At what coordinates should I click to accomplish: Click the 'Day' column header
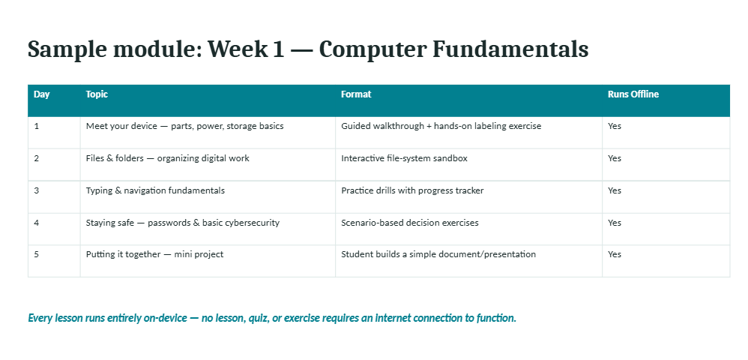[41, 94]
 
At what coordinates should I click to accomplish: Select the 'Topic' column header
[97, 94]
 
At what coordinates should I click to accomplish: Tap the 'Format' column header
[356, 94]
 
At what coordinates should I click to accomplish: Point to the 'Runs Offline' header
[633, 94]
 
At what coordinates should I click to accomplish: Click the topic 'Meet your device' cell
[184, 126]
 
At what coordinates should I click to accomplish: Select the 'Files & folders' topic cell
[167, 158]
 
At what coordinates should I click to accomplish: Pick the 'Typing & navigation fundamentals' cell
[155, 190]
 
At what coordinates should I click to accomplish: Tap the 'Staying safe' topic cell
[183, 223]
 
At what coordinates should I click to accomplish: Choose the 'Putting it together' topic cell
[154, 254]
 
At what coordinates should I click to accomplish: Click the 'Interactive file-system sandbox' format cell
[404, 158]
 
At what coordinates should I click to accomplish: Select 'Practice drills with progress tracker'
[412, 190]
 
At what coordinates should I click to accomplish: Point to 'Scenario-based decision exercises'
[410, 223]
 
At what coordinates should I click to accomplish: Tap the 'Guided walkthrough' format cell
[441, 126]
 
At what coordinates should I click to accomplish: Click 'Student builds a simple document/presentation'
[438, 254]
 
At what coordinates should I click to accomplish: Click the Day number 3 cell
[37, 190]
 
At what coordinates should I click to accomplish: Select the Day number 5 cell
[37, 254]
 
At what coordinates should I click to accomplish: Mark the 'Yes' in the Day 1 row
[615, 126]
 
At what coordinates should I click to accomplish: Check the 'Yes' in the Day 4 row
[615, 223]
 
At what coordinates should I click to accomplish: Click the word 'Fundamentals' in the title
[510, 49]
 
